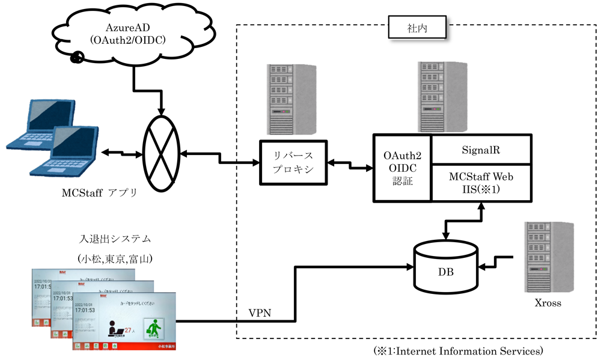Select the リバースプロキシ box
coord(294,162)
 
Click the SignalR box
coord(481,149)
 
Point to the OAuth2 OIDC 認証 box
coord(402,168)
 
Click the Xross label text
coord(548,303)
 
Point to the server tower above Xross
coord(547,255)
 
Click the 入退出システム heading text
coord(114,239)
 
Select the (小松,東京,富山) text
coord(114,258)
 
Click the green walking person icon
coord(157,328)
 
